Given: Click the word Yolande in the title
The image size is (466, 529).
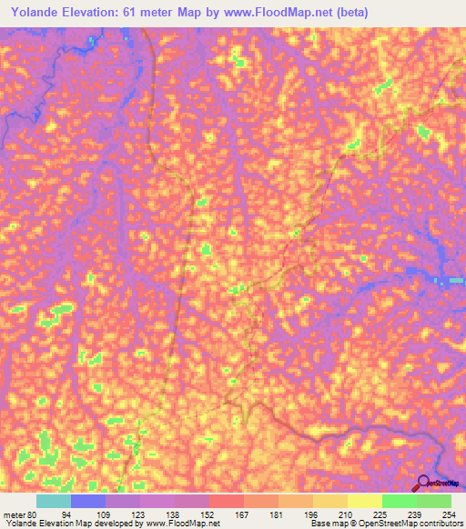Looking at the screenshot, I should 38,12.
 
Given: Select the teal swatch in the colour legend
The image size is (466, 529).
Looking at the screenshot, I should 54,501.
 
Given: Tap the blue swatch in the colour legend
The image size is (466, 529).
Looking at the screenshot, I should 88,501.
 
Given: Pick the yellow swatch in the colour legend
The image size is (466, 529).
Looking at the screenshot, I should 364,501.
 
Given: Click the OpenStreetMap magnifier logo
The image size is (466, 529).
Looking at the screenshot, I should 423,484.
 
